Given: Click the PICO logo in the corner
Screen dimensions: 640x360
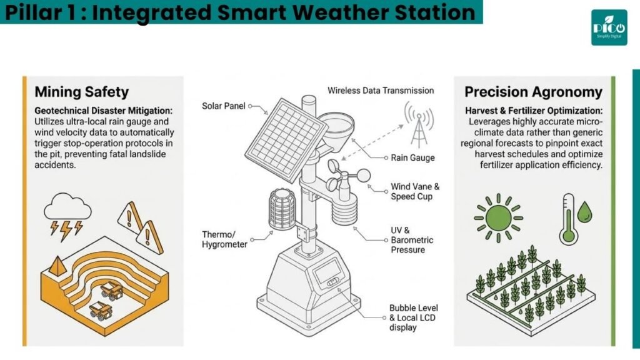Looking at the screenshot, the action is tap(609, 27).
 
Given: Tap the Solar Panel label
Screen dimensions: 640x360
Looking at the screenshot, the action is tap(224, 106).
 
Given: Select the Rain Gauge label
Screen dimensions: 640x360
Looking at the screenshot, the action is tap(412, 158).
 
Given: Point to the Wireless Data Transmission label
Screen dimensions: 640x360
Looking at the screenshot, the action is tap(381, 91).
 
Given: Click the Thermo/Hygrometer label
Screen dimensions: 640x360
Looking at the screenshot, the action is tap(224, 239).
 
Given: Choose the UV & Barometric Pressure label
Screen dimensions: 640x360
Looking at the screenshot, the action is tap(412, 240).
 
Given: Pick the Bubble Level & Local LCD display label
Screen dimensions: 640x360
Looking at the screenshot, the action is tap(412, 317).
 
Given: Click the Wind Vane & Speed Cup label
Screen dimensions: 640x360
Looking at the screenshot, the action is tap(415, 191).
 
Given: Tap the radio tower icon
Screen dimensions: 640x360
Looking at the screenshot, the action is tap(419, 124).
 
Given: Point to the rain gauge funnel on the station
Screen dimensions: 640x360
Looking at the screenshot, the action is tap(336, 130).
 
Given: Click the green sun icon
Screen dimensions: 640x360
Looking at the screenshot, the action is tap(498, 218).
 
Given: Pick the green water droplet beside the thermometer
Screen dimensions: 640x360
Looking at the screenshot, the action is tap(585, 212).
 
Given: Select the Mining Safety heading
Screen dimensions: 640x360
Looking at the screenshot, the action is tap(82, 92).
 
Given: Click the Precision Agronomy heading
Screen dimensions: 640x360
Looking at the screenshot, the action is tap(533, 92).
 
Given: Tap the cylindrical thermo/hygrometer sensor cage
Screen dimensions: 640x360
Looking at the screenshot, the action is tap(282, 209).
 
